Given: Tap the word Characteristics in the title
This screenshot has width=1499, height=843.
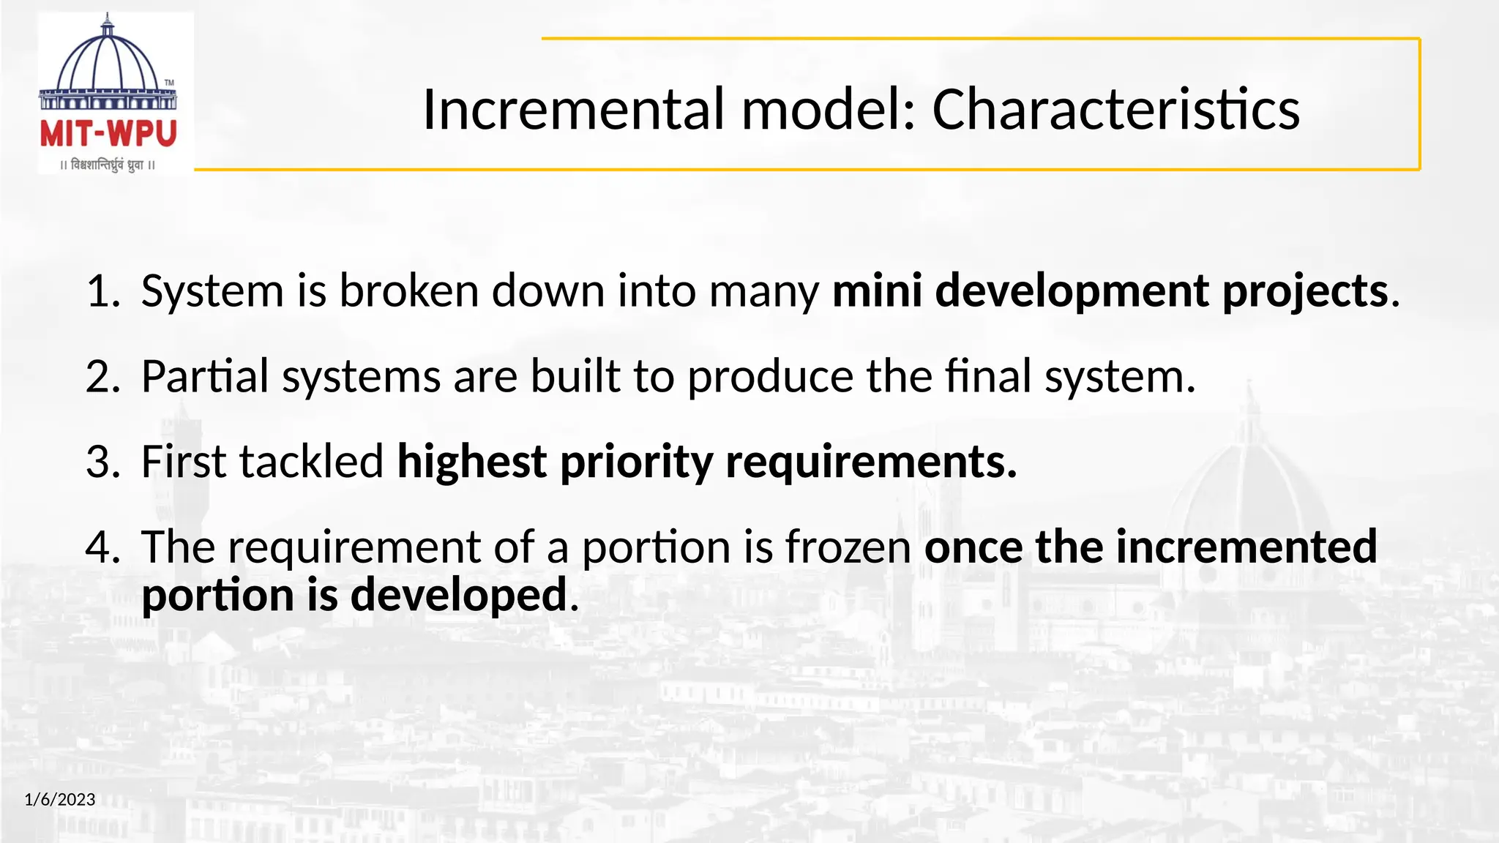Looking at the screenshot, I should [1115, 110].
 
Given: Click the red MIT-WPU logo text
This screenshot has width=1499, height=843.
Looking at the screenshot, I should [108, 134].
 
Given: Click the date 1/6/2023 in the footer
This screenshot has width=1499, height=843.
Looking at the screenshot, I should [60, 799].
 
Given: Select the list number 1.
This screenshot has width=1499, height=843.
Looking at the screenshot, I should [101, 291].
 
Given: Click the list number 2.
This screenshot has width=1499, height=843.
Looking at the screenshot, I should [101, 377].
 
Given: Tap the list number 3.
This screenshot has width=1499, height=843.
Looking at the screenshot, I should [101, 462].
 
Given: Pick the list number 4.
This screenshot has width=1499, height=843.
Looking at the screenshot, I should [101, 547].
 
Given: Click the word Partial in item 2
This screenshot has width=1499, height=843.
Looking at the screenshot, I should [205, 377].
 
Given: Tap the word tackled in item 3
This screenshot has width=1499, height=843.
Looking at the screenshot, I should [312, 462].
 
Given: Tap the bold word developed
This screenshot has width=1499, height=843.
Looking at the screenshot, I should [459, 596].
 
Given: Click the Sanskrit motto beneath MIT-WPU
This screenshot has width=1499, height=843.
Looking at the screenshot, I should [108, 165].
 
